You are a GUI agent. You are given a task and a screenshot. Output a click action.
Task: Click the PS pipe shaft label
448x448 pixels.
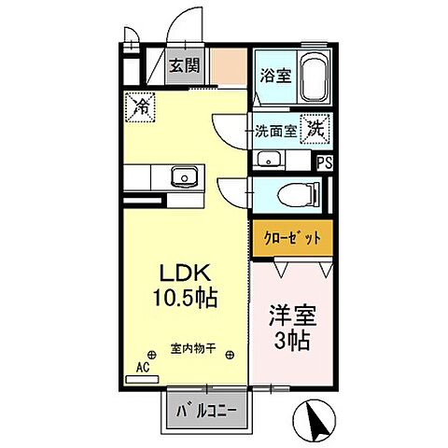pyautogui.click(x=325, y=162)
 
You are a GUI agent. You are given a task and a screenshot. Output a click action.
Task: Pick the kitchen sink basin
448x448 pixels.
pyautogui.click(x=184, y=175)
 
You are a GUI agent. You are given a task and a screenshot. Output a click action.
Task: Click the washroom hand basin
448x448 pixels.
pyautogui.click(x=268, y=159)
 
